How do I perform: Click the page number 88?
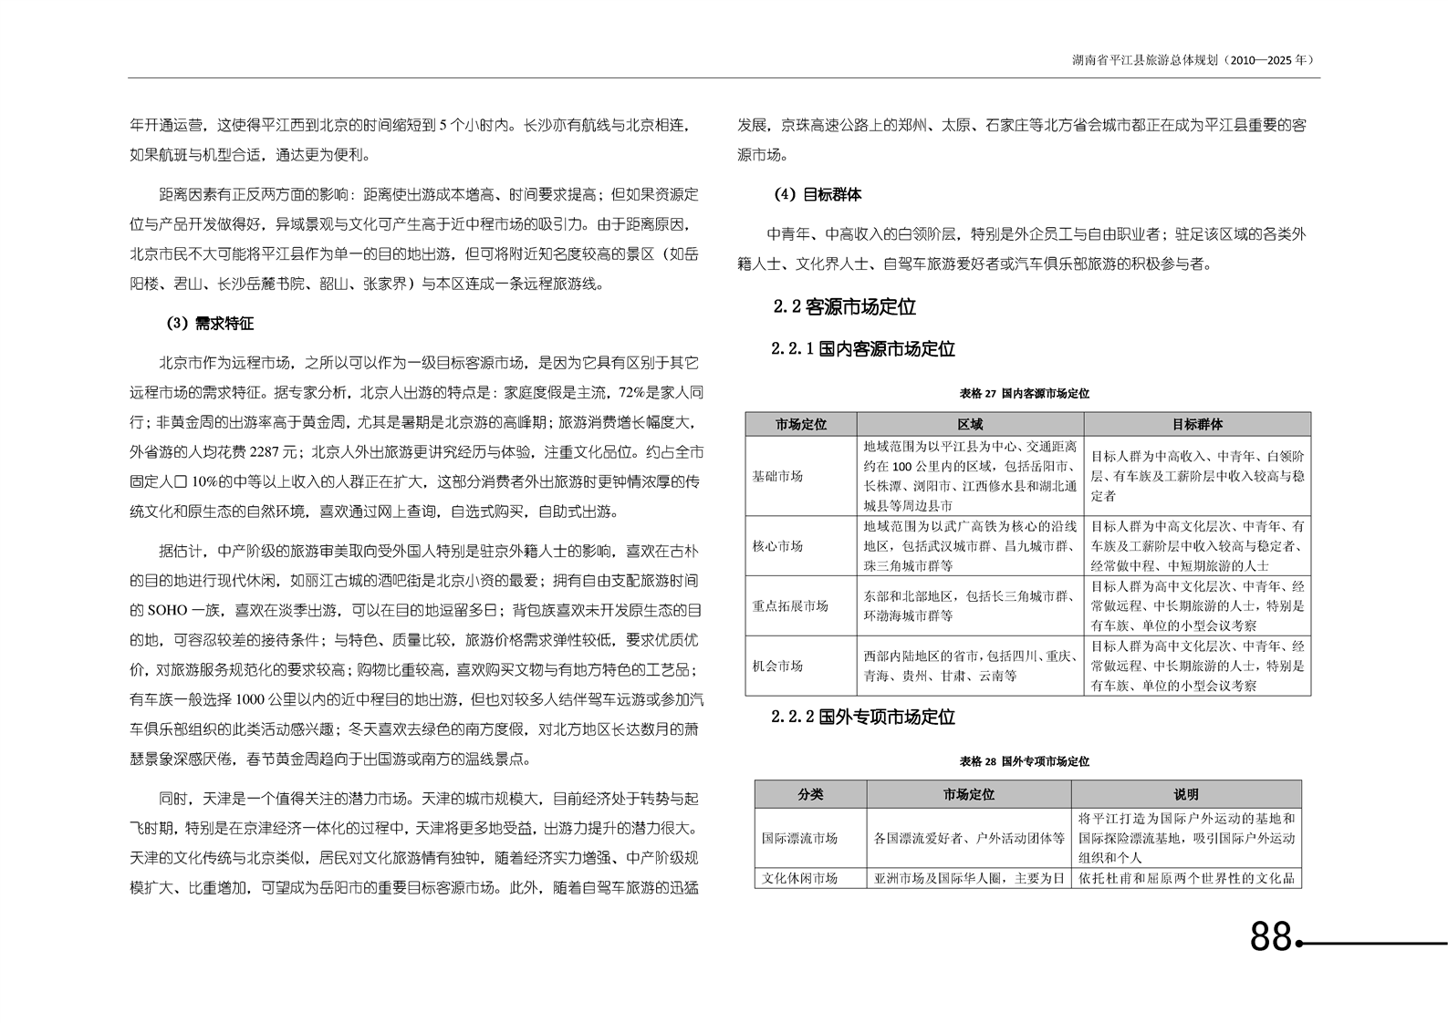tap(1271, 936)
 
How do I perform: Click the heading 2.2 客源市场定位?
tap(844, 307)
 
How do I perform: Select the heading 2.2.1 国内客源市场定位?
tap(862, 349)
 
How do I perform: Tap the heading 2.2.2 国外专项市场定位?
tap(862, 718)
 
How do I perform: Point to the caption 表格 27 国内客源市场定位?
tap(1024, 394)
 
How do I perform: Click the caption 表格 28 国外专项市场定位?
tap(1024, 761)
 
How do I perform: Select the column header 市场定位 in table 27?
tap(801, 424)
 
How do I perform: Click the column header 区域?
tap(970, 424)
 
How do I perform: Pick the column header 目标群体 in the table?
tap(1197, 424)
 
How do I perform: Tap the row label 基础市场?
tap(777, 476)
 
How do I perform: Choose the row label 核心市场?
tap(777, 546)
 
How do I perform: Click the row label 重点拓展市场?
tap(790, 605)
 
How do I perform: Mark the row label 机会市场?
tap(777, 666)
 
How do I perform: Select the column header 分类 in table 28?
tap(810, 794)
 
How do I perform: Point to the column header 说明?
tap(1186, 794)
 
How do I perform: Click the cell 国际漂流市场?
tap(799, 838)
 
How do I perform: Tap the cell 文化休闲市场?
tap(799, 879)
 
